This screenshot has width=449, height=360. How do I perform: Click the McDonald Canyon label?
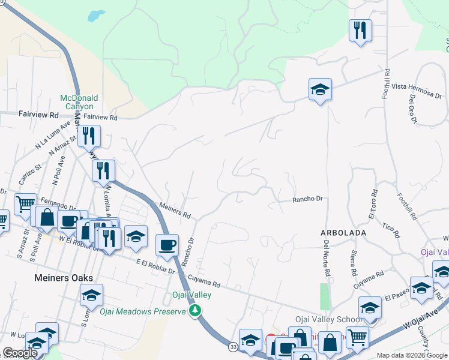(x=79, y=102)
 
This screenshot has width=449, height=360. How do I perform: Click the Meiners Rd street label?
(x=175, y=211)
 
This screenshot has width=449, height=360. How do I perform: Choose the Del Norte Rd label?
(x=327, y=258)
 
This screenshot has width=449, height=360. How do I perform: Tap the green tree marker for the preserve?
(x=194, y=311)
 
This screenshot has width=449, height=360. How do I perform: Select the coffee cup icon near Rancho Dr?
(x=166, y=244)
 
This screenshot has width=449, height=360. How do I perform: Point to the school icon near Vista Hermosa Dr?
(x=320, y=90)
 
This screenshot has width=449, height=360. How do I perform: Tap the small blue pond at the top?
(x=96, y=16)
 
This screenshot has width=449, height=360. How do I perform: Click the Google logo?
(x=20, y=353)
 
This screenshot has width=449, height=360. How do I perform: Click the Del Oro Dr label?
(x=413, y=109)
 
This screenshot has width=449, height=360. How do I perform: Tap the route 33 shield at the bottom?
(x=233, y=347)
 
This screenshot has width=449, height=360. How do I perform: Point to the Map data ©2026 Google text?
(x=411, y=355)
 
